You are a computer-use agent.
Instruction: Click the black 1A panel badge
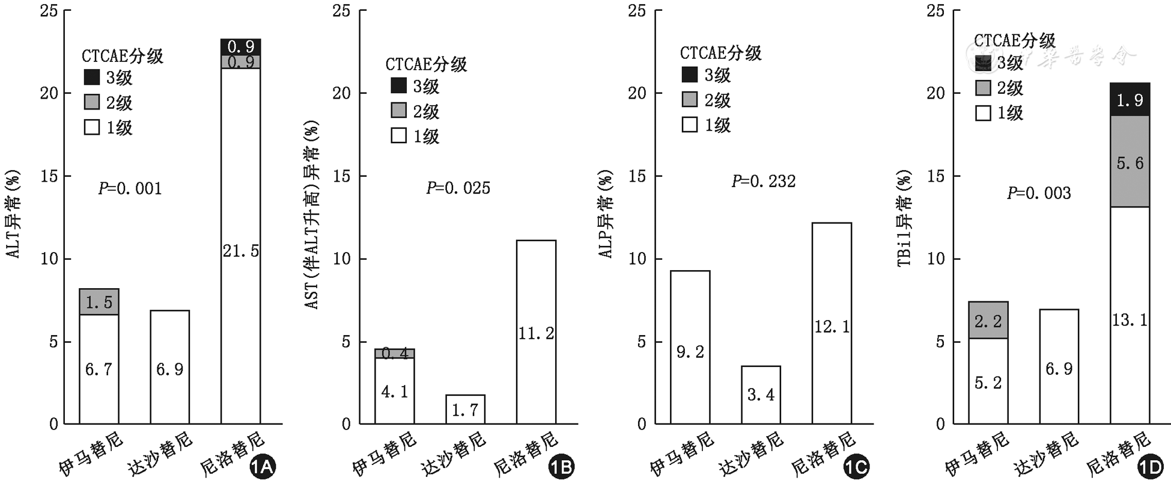[x=262, y=467]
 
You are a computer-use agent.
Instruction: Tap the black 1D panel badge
[x=1150, y=467]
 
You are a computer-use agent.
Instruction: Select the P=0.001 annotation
[x=130, y=189]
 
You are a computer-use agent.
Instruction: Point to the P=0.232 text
[x=763, y=181]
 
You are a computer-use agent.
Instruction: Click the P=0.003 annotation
[x=1039, y=193]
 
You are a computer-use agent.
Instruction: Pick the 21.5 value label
[x=241, y=251]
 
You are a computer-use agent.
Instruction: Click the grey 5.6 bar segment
[x=1130, y=162]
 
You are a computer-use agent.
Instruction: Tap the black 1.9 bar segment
[x=1130, y=99]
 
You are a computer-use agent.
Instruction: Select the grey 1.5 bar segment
[x=99, y=302]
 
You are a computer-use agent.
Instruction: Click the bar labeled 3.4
[x=761, y=395]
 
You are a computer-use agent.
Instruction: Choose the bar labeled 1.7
[x=465, y=409]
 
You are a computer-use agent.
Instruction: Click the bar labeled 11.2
[x=536, y=332]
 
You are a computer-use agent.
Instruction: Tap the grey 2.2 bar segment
[x=988, y=320]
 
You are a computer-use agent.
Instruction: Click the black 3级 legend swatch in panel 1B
[x=399, y=85]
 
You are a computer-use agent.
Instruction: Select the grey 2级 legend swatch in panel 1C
[x=690, y=99]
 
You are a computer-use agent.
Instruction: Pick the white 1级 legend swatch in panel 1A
[x=92, y=127]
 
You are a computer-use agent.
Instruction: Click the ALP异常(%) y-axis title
[x=606, y=214]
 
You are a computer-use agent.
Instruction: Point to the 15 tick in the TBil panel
[x=935, y=176]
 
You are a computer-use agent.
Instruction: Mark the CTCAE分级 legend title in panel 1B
[x=426, y=64]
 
